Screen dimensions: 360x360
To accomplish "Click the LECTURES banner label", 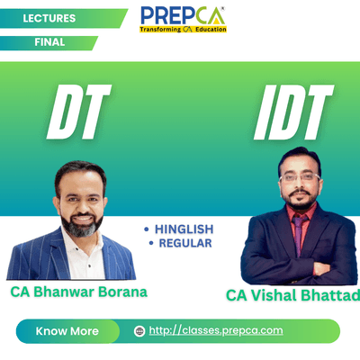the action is (x=49, y=18).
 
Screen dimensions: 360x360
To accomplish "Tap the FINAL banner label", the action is (x=49, y=42).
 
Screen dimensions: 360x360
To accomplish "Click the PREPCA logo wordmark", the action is (x=183, y=16).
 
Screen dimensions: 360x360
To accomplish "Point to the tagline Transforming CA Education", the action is (x=183, y=30).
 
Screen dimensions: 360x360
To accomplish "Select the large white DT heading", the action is (x=79, y=112).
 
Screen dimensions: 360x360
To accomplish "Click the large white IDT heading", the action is (x=293, y=112).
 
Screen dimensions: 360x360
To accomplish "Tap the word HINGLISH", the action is (x=184, y=229).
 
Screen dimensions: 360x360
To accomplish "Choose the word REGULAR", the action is (x=185, y=243).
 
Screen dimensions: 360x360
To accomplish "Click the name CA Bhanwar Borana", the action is (x=79, y=292).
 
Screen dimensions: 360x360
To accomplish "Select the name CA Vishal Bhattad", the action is (x=293, y=295).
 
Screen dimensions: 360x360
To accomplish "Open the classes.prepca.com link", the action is (x=216, y=330).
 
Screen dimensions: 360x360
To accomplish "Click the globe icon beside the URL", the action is (x=139, y=331).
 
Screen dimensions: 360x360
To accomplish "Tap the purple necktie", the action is (x=298, y=235).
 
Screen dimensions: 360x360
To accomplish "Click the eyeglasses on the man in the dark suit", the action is (x=300, y=177).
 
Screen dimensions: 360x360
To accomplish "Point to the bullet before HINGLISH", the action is (x=147, y=229).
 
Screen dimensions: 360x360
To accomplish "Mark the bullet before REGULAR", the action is (x=151, y=243).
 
